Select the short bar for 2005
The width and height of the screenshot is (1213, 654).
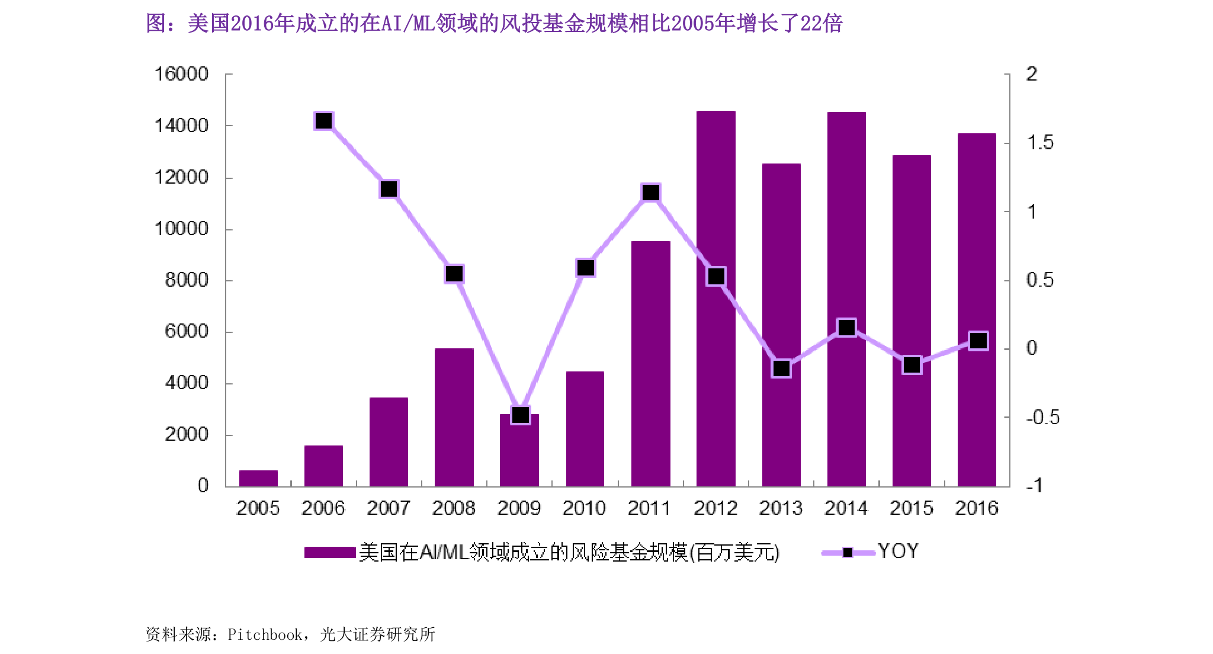258,478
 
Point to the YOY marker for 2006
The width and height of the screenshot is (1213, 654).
323,121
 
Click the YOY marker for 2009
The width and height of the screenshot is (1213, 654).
520,415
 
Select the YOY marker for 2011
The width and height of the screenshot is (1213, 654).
650,193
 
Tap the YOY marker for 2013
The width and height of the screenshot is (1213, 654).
781,368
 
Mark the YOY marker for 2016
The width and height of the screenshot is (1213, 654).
978,341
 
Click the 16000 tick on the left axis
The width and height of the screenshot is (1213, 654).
181,74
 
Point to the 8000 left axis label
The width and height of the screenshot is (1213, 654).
187,280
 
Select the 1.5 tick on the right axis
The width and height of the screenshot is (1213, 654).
1039,143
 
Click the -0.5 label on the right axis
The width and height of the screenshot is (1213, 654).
1042,417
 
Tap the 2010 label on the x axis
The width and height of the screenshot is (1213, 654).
584,508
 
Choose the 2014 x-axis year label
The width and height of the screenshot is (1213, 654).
846,508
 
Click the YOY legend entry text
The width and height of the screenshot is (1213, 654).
898,552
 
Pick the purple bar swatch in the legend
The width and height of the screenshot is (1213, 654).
329,552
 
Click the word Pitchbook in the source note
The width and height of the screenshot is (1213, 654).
265,634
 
